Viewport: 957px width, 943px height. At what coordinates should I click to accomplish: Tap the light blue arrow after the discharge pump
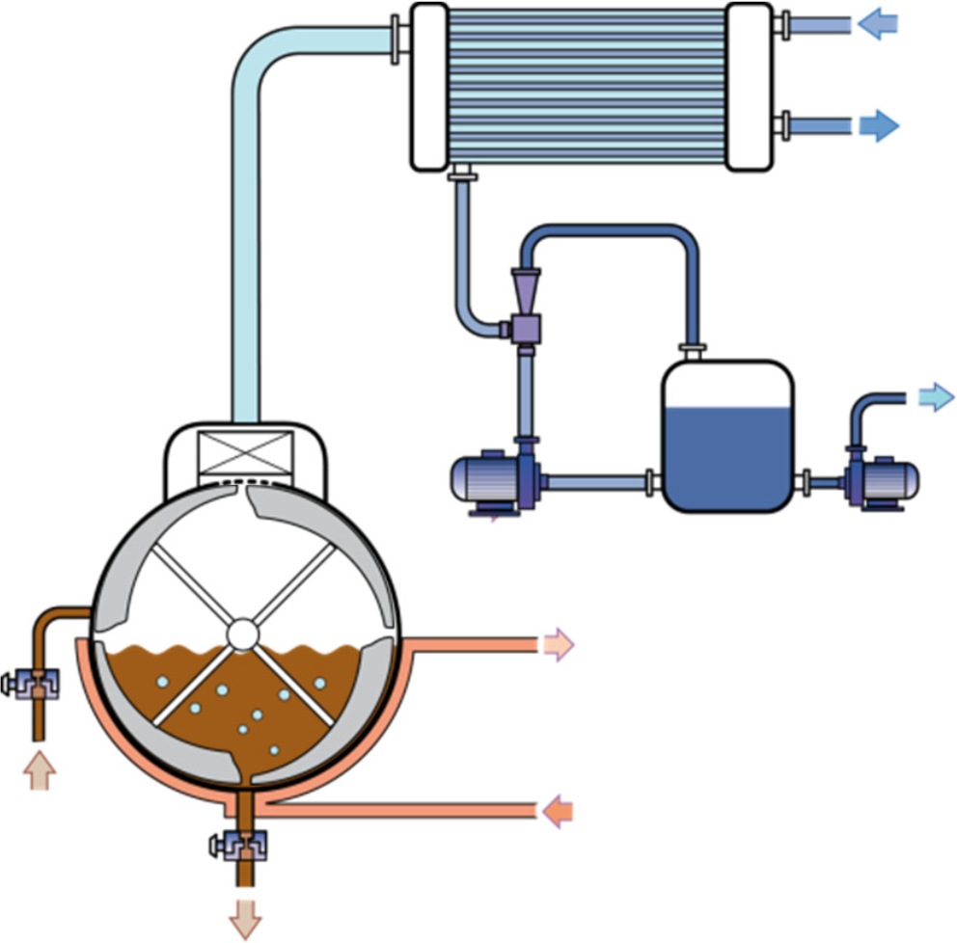[x=935, y=397]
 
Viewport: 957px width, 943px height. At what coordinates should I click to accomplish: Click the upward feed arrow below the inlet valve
[x=39, y=770]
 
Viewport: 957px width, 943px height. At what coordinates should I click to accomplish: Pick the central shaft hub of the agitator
[x=240, y=633]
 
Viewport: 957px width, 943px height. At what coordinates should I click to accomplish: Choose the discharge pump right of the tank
[x=880, y=480]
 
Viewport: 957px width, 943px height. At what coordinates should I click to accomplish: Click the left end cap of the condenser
[x=428, y=86]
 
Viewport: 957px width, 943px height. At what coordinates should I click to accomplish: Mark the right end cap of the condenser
[x=750, y=86]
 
